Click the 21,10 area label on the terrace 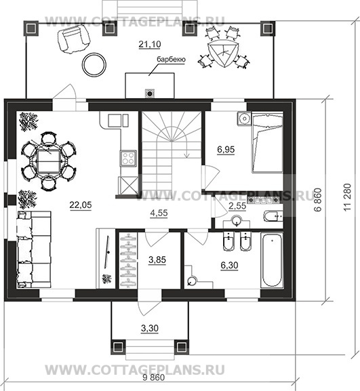[150, 45]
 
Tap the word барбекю [171, 60]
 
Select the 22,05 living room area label [81, 205]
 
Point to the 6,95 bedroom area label [226, 150]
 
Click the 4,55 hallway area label [159, 213]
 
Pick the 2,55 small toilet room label [237, 206]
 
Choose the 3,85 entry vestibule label [157, 260]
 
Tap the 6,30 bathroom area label [229, 266]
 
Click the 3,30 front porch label [150, 329]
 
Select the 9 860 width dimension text [154, 377]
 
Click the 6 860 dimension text [318, 200]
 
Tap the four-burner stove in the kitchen [129, 158]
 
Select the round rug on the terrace [94, 65]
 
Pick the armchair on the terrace [73, 39]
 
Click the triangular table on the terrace [224, 53]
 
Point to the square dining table [49, 162]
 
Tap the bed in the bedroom [267, 142]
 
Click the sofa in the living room [34, 249]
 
